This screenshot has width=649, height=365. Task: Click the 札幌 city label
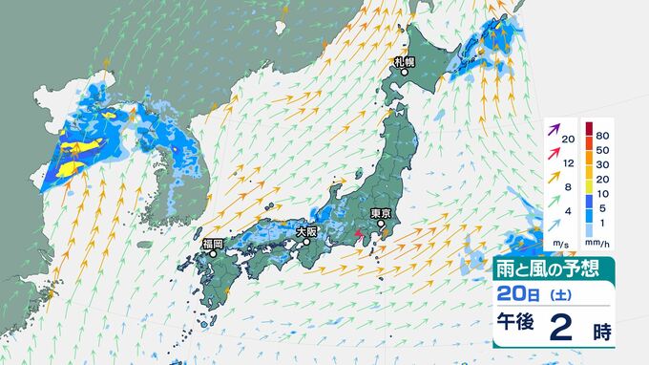click(x=405, y=62)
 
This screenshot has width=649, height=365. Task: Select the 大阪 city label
click(x=306, y=231)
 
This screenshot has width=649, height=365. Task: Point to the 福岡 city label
click(x=212, y=245)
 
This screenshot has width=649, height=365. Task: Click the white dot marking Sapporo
click(x=405, y=72)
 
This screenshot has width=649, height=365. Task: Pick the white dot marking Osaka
click(x=307, y=243)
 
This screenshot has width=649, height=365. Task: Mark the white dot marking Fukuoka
click(x=214, y=255)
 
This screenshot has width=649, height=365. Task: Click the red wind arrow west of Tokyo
click(x=358, y=234)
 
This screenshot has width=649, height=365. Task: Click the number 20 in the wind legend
click(x=568, y=140)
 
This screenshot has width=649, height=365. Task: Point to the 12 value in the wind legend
click(x=568, y=162)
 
